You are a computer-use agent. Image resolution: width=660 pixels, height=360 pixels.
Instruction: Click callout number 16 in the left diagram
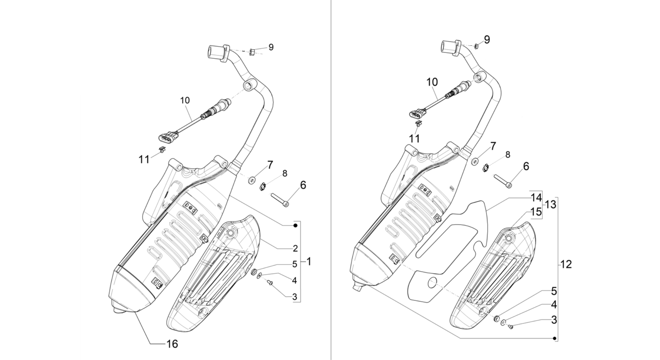tap(172, 344)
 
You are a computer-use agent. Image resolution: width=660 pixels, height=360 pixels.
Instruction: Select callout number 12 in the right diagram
tap(566, 264)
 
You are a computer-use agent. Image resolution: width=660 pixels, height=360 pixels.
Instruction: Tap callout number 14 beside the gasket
tap(536, 198)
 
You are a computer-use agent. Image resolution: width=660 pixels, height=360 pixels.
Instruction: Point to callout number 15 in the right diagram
tap(536, 212)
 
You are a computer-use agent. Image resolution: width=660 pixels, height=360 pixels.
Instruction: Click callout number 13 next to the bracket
tap(551, 204)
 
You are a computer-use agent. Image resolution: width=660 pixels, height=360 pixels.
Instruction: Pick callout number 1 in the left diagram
tap(309, 262)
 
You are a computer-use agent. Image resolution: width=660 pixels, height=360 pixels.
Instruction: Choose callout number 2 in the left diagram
tap(295, 248)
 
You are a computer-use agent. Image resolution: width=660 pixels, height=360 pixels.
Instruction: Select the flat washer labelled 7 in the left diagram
tap(252, 180)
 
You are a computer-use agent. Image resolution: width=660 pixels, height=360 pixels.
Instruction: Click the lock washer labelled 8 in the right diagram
tap(485, 168)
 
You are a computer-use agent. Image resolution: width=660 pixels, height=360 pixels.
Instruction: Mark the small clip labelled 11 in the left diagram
tap(162, 149)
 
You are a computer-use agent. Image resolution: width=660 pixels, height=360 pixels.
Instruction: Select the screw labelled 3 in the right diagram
tap(510, 327)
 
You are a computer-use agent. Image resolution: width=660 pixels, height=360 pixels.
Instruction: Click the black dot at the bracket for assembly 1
tap(295, 225)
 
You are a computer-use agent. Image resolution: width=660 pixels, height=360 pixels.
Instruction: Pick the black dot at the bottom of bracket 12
tap(555, 338)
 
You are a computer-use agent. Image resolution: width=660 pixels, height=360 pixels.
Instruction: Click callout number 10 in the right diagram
tap(432, 82)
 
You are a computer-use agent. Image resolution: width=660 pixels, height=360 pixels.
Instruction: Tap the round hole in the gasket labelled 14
tap(433, 283)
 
